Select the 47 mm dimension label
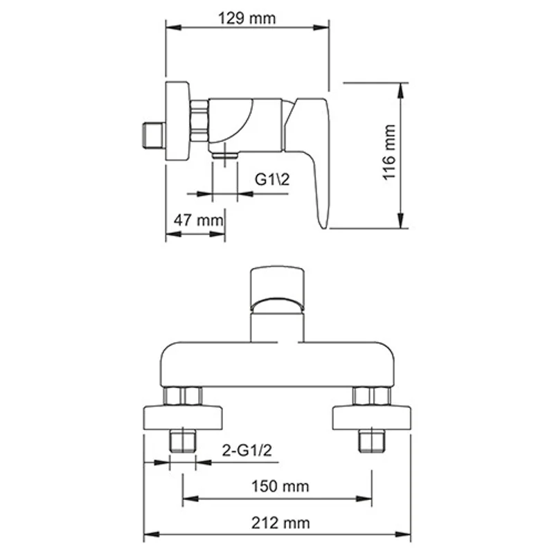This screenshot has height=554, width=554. pos(197,221)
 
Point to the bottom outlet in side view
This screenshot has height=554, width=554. pos(224,156)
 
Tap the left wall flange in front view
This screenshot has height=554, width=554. pos(183,418)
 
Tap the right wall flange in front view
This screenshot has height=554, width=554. pos(372,418)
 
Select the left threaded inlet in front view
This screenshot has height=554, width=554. pos(183,440)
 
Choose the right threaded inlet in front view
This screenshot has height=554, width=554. pos(372,440)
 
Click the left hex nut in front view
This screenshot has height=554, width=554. pos(183,396)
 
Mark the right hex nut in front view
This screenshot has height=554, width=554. pos(372,396)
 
